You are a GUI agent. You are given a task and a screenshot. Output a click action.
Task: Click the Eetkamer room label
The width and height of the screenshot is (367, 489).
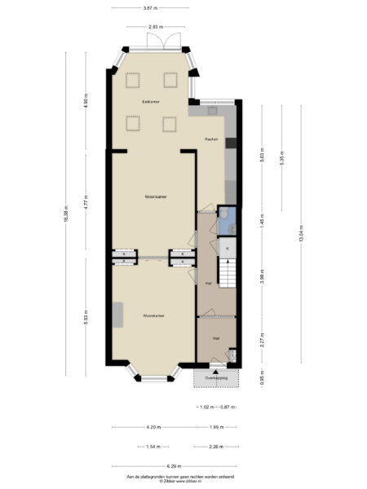[x=149, y=101]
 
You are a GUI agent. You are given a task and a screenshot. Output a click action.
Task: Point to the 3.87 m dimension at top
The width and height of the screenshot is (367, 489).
[x=149, y=8]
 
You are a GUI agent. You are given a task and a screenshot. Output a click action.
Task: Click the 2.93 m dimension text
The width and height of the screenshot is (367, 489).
[x=154, y=27]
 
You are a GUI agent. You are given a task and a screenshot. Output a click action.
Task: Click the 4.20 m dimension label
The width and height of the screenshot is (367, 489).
[x=153, y=427]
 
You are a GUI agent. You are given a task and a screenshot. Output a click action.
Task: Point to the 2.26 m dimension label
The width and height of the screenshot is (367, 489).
[x=215, y=447]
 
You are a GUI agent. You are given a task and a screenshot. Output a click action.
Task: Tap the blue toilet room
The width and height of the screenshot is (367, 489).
[x=227, y=220]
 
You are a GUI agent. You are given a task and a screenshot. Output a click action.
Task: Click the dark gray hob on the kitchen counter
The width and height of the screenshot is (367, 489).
[x=231, y=143]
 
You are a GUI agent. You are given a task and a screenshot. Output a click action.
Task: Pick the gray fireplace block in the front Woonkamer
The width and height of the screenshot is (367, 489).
[x=119, y=315]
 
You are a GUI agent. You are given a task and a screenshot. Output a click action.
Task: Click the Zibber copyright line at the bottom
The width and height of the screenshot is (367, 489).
[x=180, y=482]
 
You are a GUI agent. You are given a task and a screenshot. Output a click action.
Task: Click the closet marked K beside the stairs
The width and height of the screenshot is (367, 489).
[x=228, y=246]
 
